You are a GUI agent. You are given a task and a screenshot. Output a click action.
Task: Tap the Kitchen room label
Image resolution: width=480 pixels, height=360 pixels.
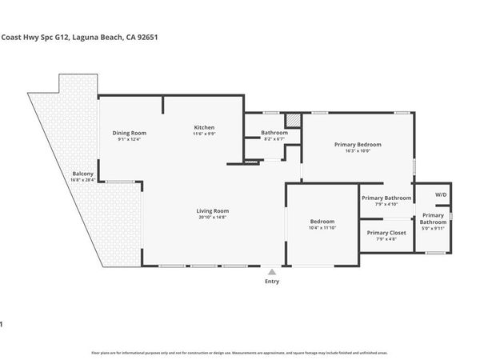[205, 127]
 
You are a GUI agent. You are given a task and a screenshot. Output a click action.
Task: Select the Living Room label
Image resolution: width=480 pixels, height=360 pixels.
[213, 210]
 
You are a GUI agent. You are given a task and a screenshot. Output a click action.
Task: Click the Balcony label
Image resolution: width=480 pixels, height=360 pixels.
[83, 174]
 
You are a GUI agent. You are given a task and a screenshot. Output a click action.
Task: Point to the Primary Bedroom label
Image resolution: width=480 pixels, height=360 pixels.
[358, 144]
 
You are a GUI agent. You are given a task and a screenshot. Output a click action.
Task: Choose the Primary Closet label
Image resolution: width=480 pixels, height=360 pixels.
[386, 232]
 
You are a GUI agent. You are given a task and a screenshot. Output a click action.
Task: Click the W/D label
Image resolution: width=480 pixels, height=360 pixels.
[441, 194]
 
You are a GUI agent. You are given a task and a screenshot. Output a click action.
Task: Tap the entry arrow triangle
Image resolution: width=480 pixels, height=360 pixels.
[272, 272]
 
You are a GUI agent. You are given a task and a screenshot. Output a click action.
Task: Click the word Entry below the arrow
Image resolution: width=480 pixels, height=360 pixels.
[272, 282]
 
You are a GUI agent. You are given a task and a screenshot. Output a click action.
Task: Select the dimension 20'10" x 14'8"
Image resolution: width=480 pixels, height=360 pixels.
[213, 217]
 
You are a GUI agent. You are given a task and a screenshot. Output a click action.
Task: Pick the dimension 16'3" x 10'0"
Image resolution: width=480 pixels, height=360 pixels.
[358, 150]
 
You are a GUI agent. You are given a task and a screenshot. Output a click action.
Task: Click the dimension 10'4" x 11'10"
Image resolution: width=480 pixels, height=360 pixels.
[322, 227]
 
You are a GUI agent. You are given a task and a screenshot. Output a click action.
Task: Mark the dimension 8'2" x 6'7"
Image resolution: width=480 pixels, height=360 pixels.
[274, 139]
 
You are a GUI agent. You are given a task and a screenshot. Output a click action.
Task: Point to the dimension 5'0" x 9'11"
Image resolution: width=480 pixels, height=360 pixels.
[433, 229]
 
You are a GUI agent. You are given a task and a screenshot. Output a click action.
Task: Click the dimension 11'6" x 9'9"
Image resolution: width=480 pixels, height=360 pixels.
[205, 134]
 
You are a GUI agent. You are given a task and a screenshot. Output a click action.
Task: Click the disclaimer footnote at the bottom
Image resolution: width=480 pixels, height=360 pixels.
[240, 352]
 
